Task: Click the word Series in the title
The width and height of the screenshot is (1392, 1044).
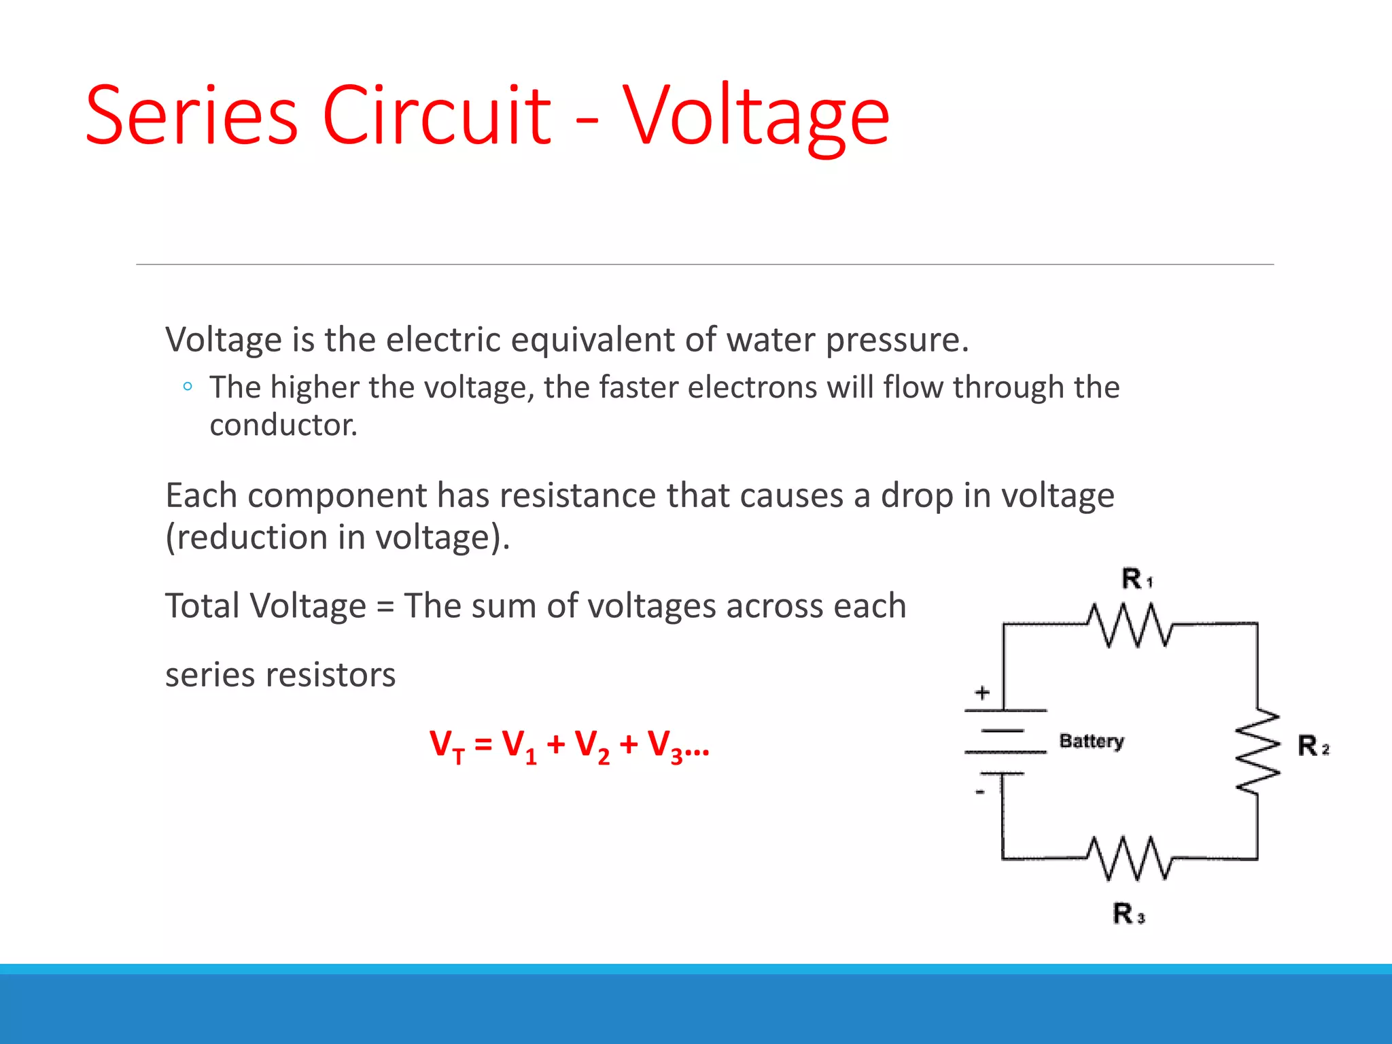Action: point(191,116)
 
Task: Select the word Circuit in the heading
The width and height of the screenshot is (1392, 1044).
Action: point(436,116)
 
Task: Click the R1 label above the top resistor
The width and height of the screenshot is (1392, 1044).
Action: point(1136,579)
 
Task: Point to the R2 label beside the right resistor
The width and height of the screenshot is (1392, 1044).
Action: point(1312,746)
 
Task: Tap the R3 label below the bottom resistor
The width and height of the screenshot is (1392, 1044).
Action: point(1128,913)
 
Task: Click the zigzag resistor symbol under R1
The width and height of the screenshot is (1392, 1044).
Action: point(1130,625)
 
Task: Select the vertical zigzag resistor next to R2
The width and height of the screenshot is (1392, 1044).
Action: point(1257,750)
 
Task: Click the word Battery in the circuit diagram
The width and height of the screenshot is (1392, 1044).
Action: point(1091,741)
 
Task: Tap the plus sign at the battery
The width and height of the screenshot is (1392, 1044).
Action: point(982,693)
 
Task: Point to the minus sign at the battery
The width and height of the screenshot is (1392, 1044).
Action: point(980,792)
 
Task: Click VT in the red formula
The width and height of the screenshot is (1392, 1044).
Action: point(447,746)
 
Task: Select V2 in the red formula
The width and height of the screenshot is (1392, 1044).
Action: point(591,746)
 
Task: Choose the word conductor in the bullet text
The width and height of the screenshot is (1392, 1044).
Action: point(283,425)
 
